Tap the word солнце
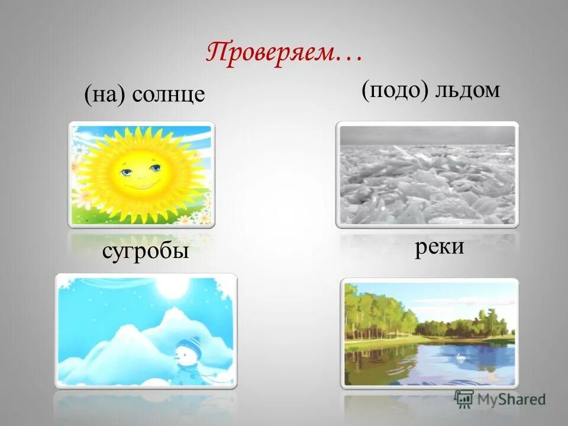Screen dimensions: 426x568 (169, 95)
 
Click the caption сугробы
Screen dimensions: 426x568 (145, 251)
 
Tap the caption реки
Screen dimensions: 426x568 (438, 246)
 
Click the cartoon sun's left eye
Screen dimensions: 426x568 (127, 172)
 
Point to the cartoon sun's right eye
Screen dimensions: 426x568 (155, 169)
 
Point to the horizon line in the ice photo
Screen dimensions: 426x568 (426, 145)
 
